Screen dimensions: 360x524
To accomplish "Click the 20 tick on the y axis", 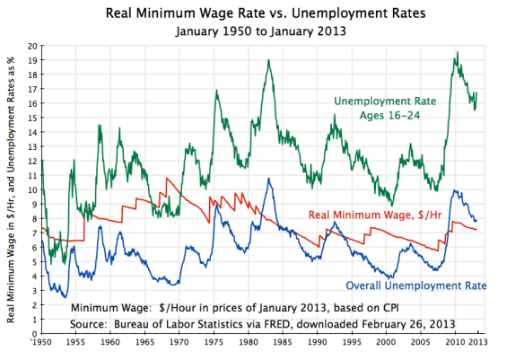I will coord(32,46).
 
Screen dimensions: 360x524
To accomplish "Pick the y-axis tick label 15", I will coord(32,118).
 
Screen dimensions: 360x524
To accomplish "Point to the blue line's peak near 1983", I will coord(267,179).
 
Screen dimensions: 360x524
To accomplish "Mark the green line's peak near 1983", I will coord(268,60).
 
